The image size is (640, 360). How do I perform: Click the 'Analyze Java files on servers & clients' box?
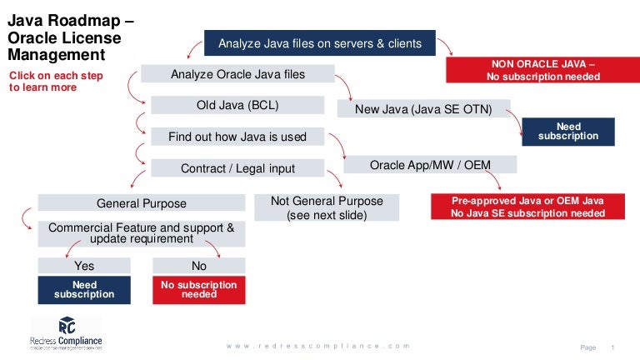[320, 43]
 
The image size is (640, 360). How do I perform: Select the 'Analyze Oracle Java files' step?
[237, 74]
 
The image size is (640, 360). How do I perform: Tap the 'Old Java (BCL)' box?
[237, 105]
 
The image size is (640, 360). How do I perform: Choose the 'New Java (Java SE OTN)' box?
[423, 108]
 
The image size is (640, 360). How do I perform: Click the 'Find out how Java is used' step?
[237, 137]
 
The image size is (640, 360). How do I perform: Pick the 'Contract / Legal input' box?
[237, 168]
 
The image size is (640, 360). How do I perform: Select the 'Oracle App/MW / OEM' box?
[430, 165]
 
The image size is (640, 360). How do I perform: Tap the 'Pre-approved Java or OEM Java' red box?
[527, 207]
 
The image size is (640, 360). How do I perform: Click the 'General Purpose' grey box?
[142, 203]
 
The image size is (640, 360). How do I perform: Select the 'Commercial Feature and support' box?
[142, 232]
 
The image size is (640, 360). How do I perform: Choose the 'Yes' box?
[84, 266]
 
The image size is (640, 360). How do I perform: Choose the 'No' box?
[199, 266]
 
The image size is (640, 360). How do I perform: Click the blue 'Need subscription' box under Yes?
[84, 290]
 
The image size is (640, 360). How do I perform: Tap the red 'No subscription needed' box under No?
[199, 290]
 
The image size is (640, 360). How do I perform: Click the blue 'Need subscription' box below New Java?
[567, 132]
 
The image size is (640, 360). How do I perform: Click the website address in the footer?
[319, 346]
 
